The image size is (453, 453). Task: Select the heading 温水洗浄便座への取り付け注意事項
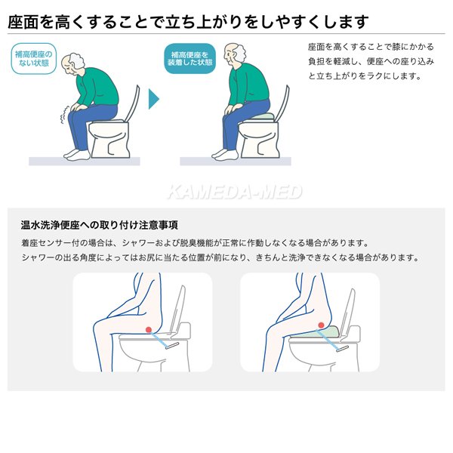[100, 225]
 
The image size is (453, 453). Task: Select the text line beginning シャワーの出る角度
[220, 257]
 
